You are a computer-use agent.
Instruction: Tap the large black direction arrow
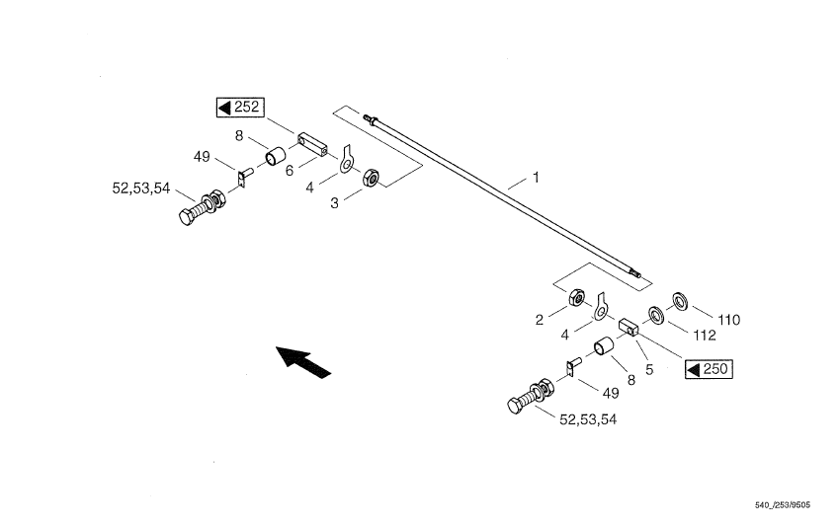pyautogui.click(x=303, y=360)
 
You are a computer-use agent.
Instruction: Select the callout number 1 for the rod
pyautogui.click(x=536, y=179)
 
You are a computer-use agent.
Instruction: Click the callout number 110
pyautogui.click(x=729, y=320)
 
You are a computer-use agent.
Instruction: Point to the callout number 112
pyautogui.click(x=704, y=336)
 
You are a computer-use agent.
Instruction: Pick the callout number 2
pyautogui.click(x=540, y=320)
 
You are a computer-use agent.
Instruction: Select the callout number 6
pyautogui.click(x=291, y=170)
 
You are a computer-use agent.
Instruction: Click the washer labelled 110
pyautogui.click(x=681, y=298)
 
